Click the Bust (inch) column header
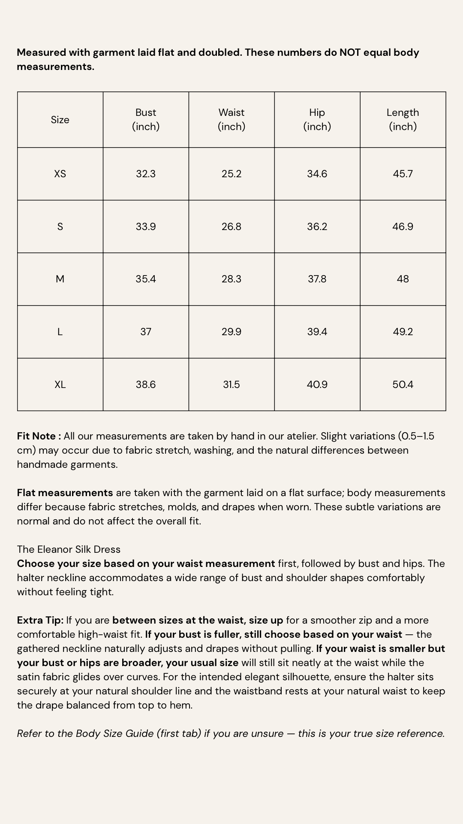(x=146, y=119)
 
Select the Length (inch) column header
(x=403, y=119)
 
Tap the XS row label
(x=60, y=174)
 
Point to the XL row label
(x=60, y=385)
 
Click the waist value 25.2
(x=231, y=174)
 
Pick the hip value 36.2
(x=317, y=227)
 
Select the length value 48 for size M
(x=403, y=279)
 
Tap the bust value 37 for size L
(x=146, y=332)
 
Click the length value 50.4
(x=403, y=385)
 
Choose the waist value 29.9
(x=231, y=332)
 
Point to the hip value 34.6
(x=317, y=174)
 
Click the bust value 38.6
(x=146, y=385)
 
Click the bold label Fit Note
(x=37, y=436)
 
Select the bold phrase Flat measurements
(x=65, y=493)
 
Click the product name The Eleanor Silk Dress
(x=69, y=549)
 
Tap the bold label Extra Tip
(x=40, y=620)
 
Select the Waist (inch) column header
(x=231, y=119)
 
